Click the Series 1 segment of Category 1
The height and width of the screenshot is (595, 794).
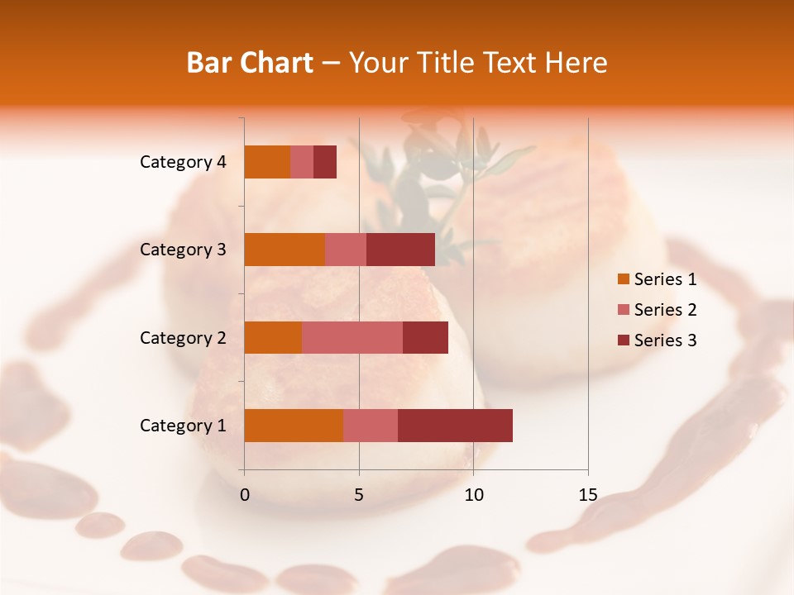coord(294,426)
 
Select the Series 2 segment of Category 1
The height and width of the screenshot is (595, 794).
coord(371,426)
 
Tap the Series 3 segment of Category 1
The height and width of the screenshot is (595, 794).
coord(455,426)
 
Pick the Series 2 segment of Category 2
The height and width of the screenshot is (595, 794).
coord(352,337)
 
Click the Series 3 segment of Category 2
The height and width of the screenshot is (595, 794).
coord(425,337)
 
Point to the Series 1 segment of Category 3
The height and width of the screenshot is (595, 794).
coord(285,250)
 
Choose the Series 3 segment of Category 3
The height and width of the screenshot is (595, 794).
coord(400,250)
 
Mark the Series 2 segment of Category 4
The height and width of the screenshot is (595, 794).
coord(302,162)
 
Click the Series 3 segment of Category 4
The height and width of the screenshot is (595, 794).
coord(325,162)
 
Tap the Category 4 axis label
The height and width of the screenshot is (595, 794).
coord(183,162)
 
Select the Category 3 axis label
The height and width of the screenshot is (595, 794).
coord(183,250)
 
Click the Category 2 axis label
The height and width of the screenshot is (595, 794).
coord(183,338)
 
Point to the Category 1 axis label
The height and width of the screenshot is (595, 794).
coord(183,426)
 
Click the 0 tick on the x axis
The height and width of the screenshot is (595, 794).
coord(245,495)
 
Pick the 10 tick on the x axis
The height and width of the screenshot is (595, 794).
coord(473,495)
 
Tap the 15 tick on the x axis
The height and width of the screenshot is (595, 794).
coord(588,495)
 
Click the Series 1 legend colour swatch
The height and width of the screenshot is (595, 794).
coord(623,279)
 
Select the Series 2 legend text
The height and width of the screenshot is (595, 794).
coord(665,310)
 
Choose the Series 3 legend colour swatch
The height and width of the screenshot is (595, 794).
coord(623,340)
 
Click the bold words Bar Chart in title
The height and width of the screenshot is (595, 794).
coord(250,63)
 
